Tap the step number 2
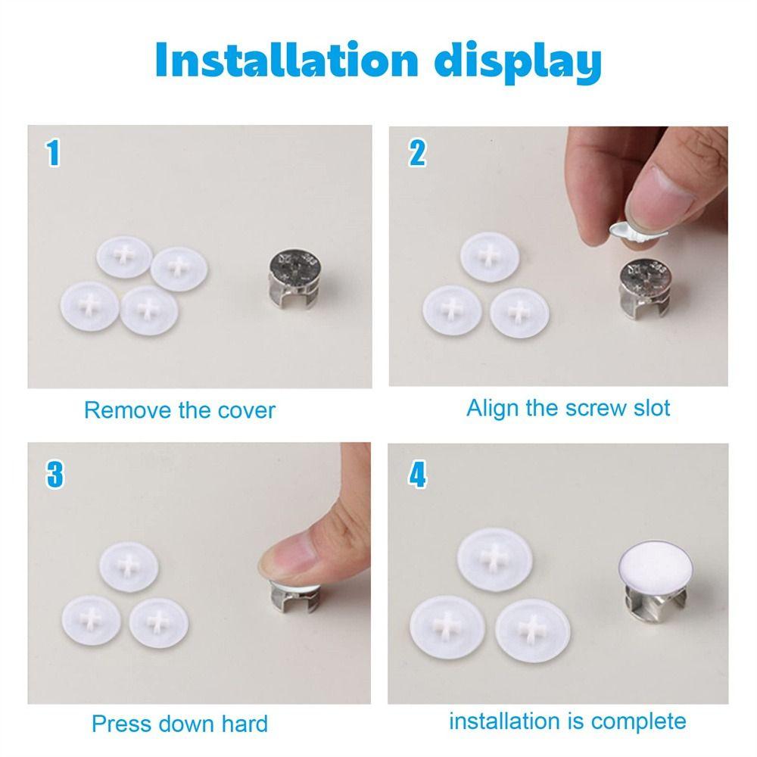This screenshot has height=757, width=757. point(417,153)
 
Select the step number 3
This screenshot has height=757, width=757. point(55,475)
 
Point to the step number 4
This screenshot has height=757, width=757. point(417,475)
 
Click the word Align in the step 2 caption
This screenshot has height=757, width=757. point(493,408)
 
